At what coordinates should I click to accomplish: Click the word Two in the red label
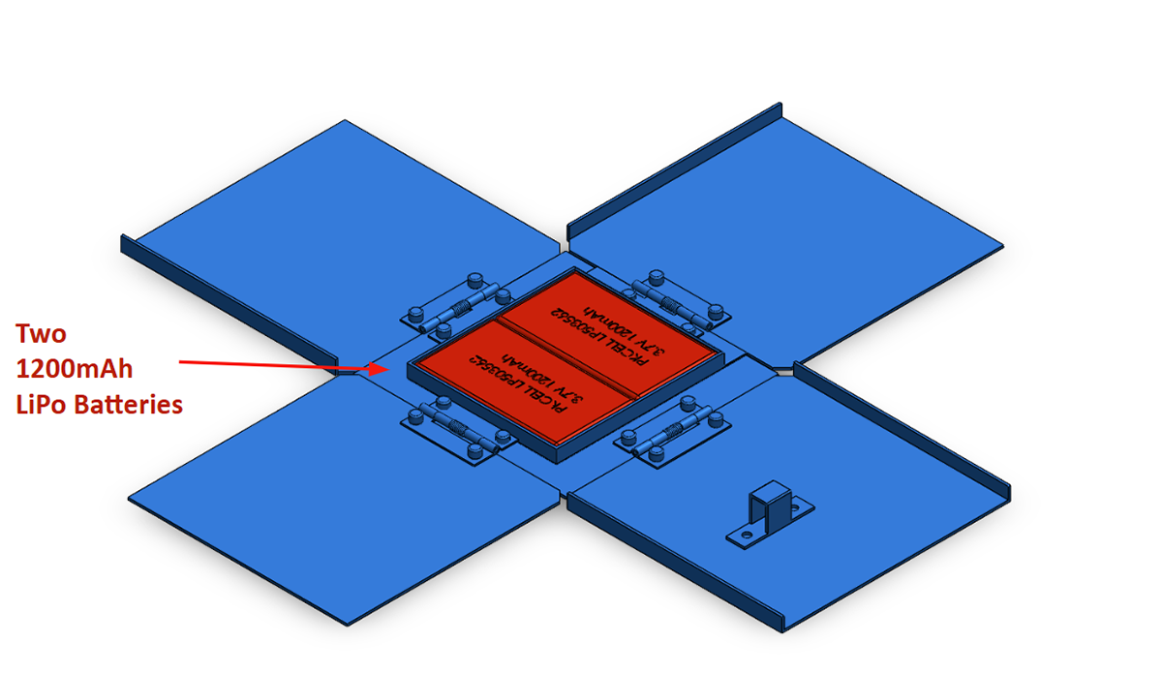(x=41, y=335)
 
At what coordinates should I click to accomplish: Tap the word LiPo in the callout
(x=42, y=405)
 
